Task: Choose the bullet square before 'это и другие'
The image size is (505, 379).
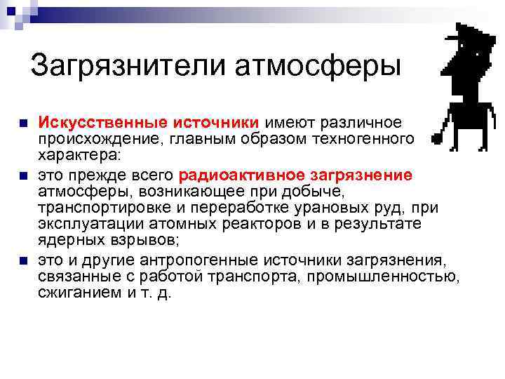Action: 25,262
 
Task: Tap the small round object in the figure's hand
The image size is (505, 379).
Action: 437,139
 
